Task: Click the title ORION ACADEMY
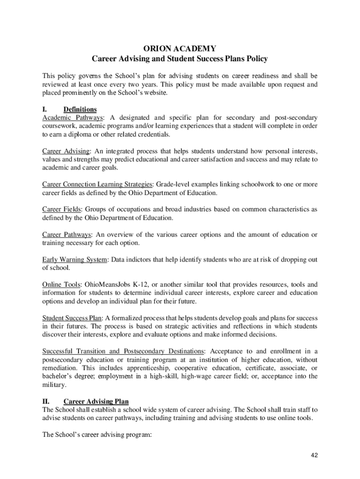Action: (180, 48)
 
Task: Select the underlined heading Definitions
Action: (80, 109)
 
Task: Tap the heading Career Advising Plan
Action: (96, 401)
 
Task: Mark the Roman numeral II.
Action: (46, 401)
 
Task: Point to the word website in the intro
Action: (154, 93)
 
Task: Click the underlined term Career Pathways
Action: (67, 234)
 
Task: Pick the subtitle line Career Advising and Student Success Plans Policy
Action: (180, 59)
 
